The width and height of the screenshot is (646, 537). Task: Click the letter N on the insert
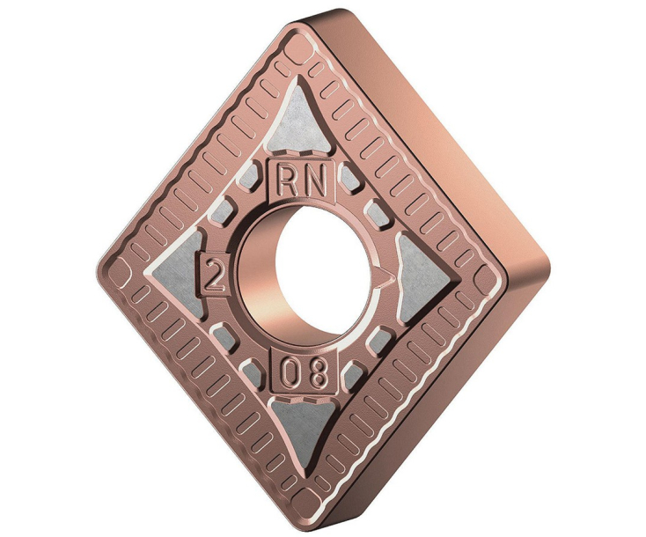point(317,180)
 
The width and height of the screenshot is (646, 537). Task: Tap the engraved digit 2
point(212,273)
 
